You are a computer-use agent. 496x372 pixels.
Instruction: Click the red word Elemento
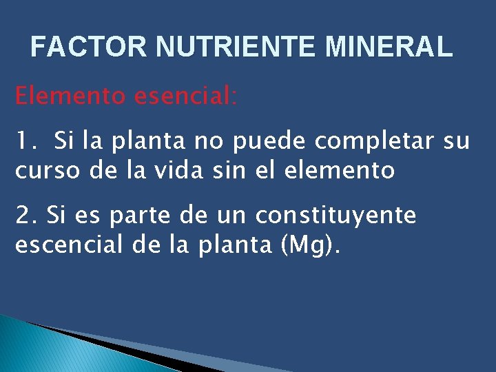70,96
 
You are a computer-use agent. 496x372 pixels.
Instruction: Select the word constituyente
336,216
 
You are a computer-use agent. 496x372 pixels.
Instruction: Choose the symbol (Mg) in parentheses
309,245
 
